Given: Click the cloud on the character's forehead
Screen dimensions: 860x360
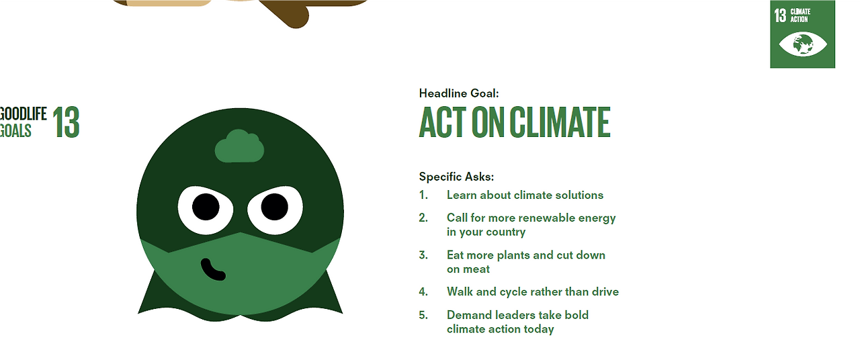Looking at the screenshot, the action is coord(239,146).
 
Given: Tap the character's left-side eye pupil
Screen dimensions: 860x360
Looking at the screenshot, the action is coord(206,207).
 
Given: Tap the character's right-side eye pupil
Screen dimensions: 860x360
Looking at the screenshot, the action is coord(275,207).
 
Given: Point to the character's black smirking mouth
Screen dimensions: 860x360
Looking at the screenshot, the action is coord(212,269).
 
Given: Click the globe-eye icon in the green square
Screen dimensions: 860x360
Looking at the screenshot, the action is coord(803,44).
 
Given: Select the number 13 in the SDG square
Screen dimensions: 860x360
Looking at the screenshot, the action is coord(780,15).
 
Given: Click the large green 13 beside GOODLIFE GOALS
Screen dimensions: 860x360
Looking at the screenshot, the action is coord(66,122).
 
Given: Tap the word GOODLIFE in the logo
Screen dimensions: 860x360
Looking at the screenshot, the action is coord(23,114).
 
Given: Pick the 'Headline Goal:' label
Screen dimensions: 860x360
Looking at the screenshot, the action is coord(459,93).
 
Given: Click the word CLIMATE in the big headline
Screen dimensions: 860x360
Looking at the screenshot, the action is coord(560,122).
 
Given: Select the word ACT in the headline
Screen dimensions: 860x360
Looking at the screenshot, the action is coord(443,122).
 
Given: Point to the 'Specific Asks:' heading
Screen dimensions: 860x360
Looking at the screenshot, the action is coord(456,177).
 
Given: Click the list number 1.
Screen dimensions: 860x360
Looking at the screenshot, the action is coord(423,195).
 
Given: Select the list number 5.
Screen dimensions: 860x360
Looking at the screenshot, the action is coord(423,315).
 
